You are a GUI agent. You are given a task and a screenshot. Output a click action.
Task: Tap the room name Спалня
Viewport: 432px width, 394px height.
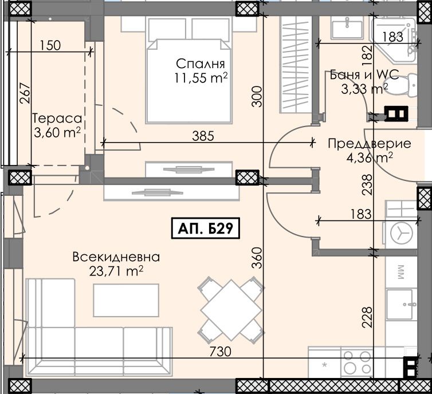pyautogui.click(x=200, y=64)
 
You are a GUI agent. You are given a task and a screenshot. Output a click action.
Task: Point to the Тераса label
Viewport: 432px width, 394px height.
pyautogui.click(x=56, y=119)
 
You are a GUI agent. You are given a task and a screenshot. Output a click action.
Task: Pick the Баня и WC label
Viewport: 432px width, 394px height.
pyautogui.click(x=359, y=75)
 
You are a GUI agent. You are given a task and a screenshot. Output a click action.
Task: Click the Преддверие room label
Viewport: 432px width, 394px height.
pyautogui.click(x=369, y=143)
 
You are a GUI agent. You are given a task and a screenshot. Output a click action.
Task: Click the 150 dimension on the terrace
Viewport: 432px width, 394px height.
pyautogui.click(x=51, y=45)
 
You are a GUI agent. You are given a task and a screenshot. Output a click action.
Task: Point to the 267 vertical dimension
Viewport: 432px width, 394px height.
pyautogui.click(x=23, y=92)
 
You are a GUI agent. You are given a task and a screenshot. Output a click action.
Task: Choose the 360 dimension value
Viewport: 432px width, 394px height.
pyautogui.click(x=256, y=258)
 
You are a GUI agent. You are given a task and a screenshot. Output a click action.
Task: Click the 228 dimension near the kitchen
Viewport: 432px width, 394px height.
pyautogui.click(x=367, y=317)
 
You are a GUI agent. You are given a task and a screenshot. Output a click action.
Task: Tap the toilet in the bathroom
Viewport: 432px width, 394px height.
pyautogui.click(x=410, y=85)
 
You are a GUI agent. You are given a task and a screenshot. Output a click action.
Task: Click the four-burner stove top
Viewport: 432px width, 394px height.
pyautogui.click(x=356, y=361)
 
